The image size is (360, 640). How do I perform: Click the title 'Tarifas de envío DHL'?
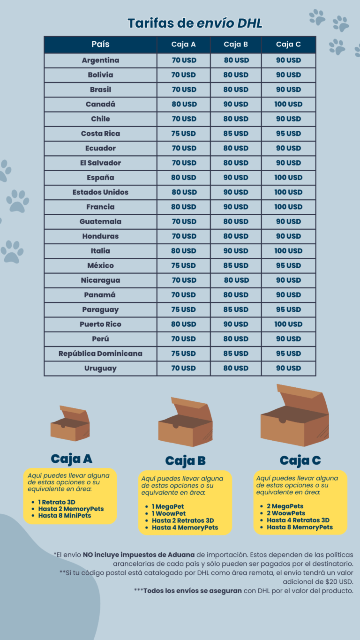pyautogui.click(x=195, y=23)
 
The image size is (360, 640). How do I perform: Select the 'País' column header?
pyautogui.click(x=100, y=45)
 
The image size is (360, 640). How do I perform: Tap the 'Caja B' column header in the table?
pyautogui.click(x=236, y=45)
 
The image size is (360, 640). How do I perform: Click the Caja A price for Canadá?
pyautogui.click(x=184, y=104)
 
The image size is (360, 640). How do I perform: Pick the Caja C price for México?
pyautogui.click(x=288, y=265)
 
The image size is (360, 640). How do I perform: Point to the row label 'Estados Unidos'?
pyautogui.click(x=100, y=192)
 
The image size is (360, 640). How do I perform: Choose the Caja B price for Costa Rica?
pyautogui.click(x=236, y=134)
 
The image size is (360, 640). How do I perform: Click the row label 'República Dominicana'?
pyautogui.click(x=100, y=354)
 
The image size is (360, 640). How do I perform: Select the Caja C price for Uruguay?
pyautogui.click(x=288, y=368)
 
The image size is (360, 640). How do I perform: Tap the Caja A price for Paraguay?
pyautogui.click(x=184, y=309)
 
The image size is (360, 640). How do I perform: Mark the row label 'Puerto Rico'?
pyautogui.click(x=100, y=324)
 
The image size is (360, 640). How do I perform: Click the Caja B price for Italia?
pyautogui.click(x=236, y=251)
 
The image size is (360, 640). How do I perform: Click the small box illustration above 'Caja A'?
pyautogui.click(x=70, y=424)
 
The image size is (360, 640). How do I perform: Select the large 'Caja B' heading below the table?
pyautogui.click(x=186, y=461)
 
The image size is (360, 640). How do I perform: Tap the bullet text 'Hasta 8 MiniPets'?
pyautogui.click(x=65, y=516)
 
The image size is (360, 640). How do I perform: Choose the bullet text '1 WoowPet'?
pyautogui.click(x=169, y=513)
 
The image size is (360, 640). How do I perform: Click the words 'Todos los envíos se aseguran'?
pyautogui.click(x=193, y=591)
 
